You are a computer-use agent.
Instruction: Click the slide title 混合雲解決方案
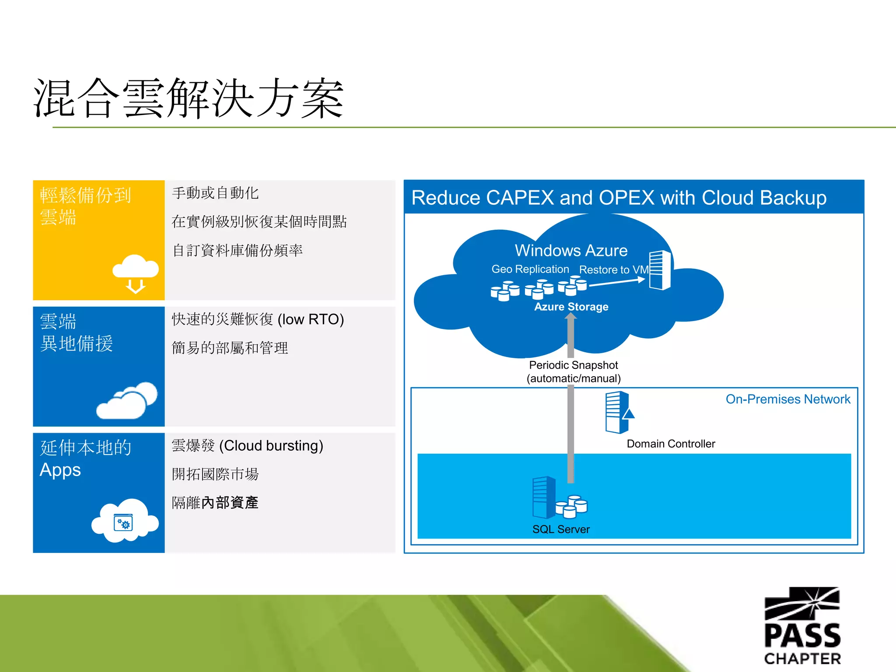[x=188, y=98]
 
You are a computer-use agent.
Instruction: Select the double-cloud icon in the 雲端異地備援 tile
[x=127, y=400]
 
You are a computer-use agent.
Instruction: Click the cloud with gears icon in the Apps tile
[x=125, y=521]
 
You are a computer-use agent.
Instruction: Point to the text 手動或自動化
[x=215, y=193]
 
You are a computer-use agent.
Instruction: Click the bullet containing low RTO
[x=258, y=319]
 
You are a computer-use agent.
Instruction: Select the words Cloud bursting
[x=271, y=446]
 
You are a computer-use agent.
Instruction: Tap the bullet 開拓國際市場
[x=215, y=474]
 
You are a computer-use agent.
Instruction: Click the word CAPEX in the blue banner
[x=520, y=198]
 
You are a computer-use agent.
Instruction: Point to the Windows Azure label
[x=571, y=251]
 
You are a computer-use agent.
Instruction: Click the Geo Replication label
[x=530, y=269]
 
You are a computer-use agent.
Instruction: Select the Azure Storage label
[x=571, y=307]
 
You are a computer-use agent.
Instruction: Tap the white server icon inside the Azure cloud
[x=660, y=270]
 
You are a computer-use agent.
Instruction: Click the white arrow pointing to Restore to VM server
[x=617, y=283]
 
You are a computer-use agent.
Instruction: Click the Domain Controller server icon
[x=618, y=413]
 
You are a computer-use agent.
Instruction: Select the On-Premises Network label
[x=787, y=399]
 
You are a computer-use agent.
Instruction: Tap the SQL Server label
[x=561, y=529]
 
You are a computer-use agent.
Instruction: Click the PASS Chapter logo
[x=802, y=626]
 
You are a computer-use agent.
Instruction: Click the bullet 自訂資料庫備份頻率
[x=237, y=251]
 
